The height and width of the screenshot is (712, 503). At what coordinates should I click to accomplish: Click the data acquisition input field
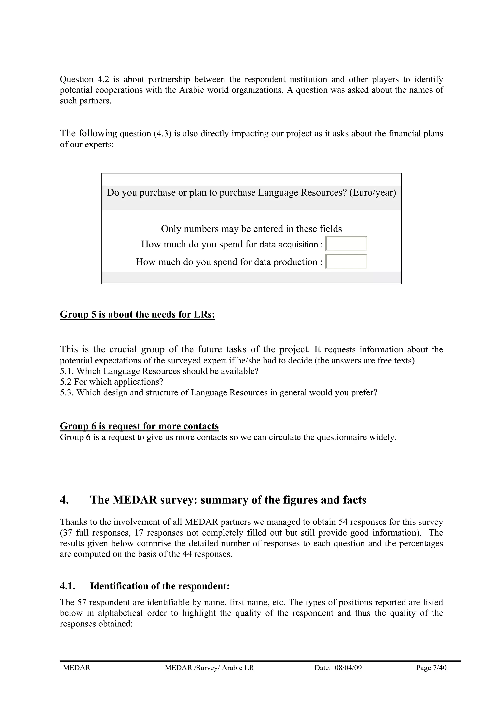[x=346, y=244]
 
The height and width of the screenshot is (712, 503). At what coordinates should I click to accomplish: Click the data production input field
[x=346, y=262]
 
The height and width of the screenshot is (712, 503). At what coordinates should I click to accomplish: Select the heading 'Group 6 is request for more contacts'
[x=139, y=426]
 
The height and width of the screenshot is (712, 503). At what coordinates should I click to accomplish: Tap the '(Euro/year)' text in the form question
[x=373, y=193]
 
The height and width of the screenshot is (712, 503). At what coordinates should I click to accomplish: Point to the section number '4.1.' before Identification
[x=68, y=586]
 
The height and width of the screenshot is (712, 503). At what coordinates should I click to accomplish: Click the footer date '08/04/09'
[x=348, y=668]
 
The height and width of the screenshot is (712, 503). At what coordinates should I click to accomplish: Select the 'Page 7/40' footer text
[x=431, y=668]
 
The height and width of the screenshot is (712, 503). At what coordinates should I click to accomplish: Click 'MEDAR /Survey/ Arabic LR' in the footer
[x=209, y=668]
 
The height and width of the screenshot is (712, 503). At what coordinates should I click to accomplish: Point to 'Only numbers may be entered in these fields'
[x=251, y=229]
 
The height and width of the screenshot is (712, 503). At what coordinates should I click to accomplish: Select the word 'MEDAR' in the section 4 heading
[x=135, y=500]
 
